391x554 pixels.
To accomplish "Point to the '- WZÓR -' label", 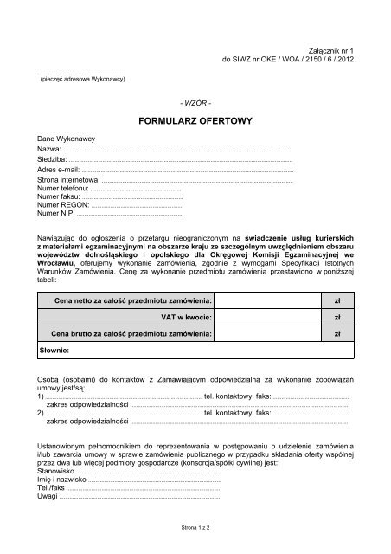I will [x=195, y=103].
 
